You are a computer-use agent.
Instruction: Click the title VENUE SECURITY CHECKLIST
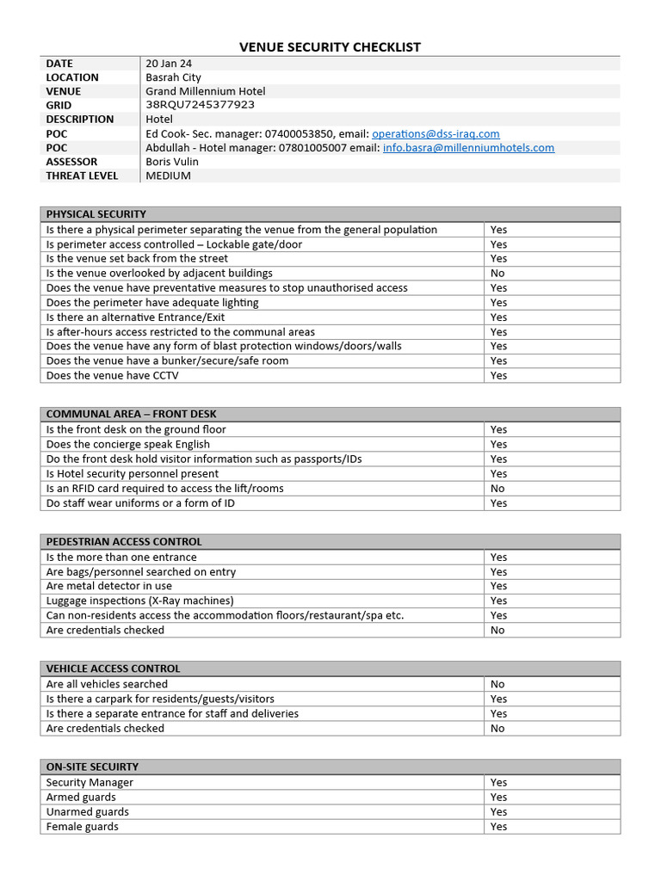(330, 47)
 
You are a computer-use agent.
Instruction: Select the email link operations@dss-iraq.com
(436, 133)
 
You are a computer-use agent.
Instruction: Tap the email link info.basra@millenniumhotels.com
(468, 148)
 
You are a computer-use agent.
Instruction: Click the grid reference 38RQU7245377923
(200, 105)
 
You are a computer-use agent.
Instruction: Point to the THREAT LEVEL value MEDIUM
(168, 176)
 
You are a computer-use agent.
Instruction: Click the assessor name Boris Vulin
(172, 162)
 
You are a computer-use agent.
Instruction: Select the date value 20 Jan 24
(170, 63)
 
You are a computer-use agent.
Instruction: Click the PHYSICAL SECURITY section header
(96, 214)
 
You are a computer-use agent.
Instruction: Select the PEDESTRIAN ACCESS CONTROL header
(123, 542)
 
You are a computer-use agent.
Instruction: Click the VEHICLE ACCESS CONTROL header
(113, 668)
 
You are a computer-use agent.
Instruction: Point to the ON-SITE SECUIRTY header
(92, 767)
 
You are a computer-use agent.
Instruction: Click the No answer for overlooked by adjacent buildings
(497, 274)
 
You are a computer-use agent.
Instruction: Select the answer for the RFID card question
(497, 489)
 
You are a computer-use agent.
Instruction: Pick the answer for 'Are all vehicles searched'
(497, 685)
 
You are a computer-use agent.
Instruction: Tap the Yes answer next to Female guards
(498, 827)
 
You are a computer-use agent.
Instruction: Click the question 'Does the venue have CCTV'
(113, 376)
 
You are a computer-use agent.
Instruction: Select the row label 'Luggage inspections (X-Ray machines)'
(139, 601)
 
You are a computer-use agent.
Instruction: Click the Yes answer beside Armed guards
(498, 798)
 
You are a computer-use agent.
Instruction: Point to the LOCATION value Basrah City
(173, 77)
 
